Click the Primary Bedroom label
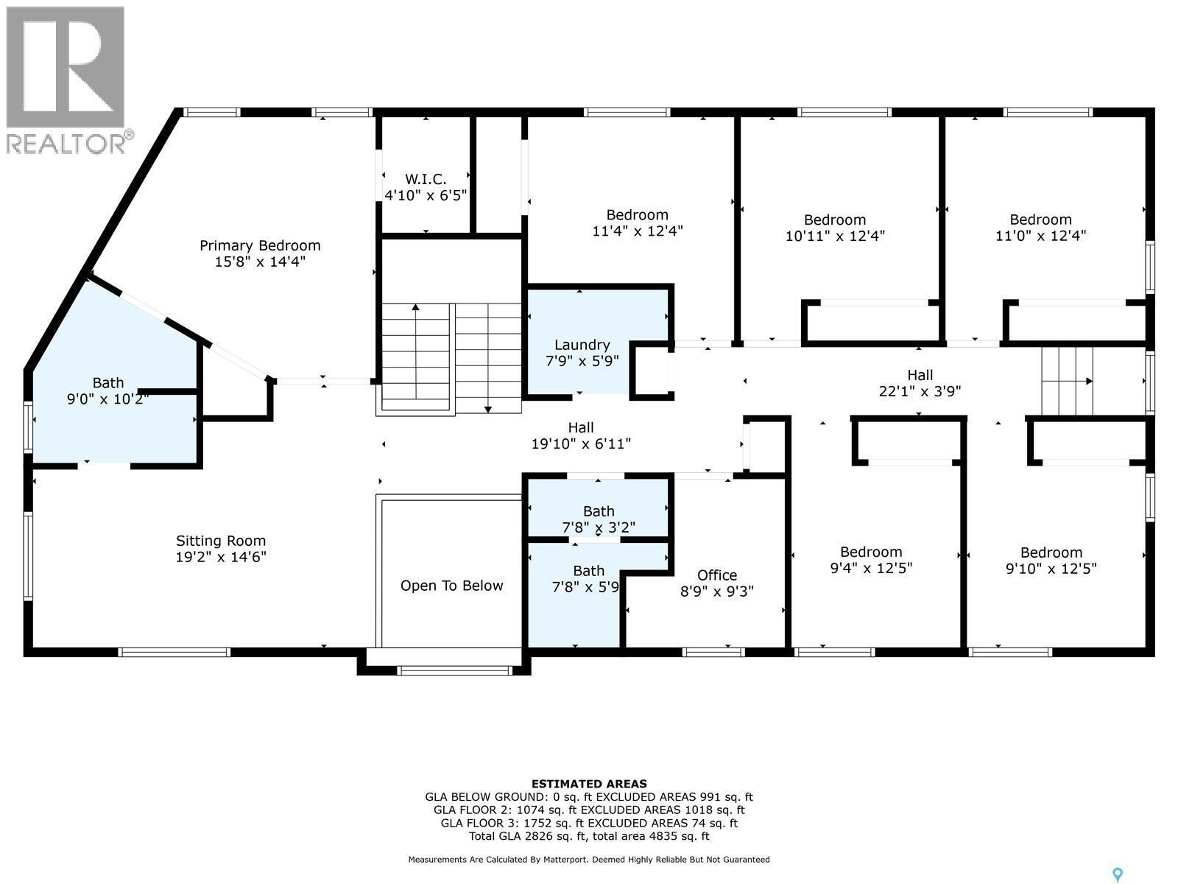pos(260,245)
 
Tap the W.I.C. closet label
pos(425,179)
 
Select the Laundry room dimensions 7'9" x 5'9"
pos(582,361)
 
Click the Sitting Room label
pos(221,541)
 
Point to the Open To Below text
pos(451,586)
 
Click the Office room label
pos(717,575)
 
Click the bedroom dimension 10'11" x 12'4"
pos(834,236)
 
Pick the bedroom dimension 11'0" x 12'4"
pos(1040,236)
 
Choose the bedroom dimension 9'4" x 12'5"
pos(871,568)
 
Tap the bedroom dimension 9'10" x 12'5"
pos(1051,568)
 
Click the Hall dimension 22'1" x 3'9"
pos(920,391)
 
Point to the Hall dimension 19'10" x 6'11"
pos(581,443)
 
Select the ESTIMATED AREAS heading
pos(589,784)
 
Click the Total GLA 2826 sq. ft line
pos(589,836)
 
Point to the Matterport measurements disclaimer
pos(589,860)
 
